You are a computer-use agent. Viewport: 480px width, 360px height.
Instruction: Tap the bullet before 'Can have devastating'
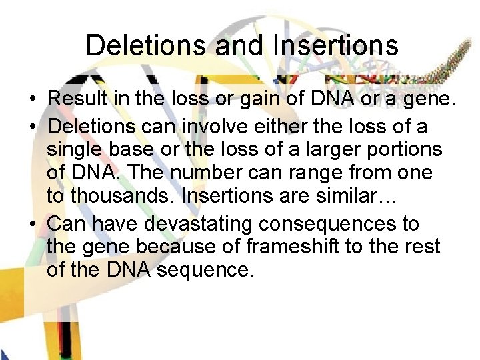[x=32, y=224]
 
